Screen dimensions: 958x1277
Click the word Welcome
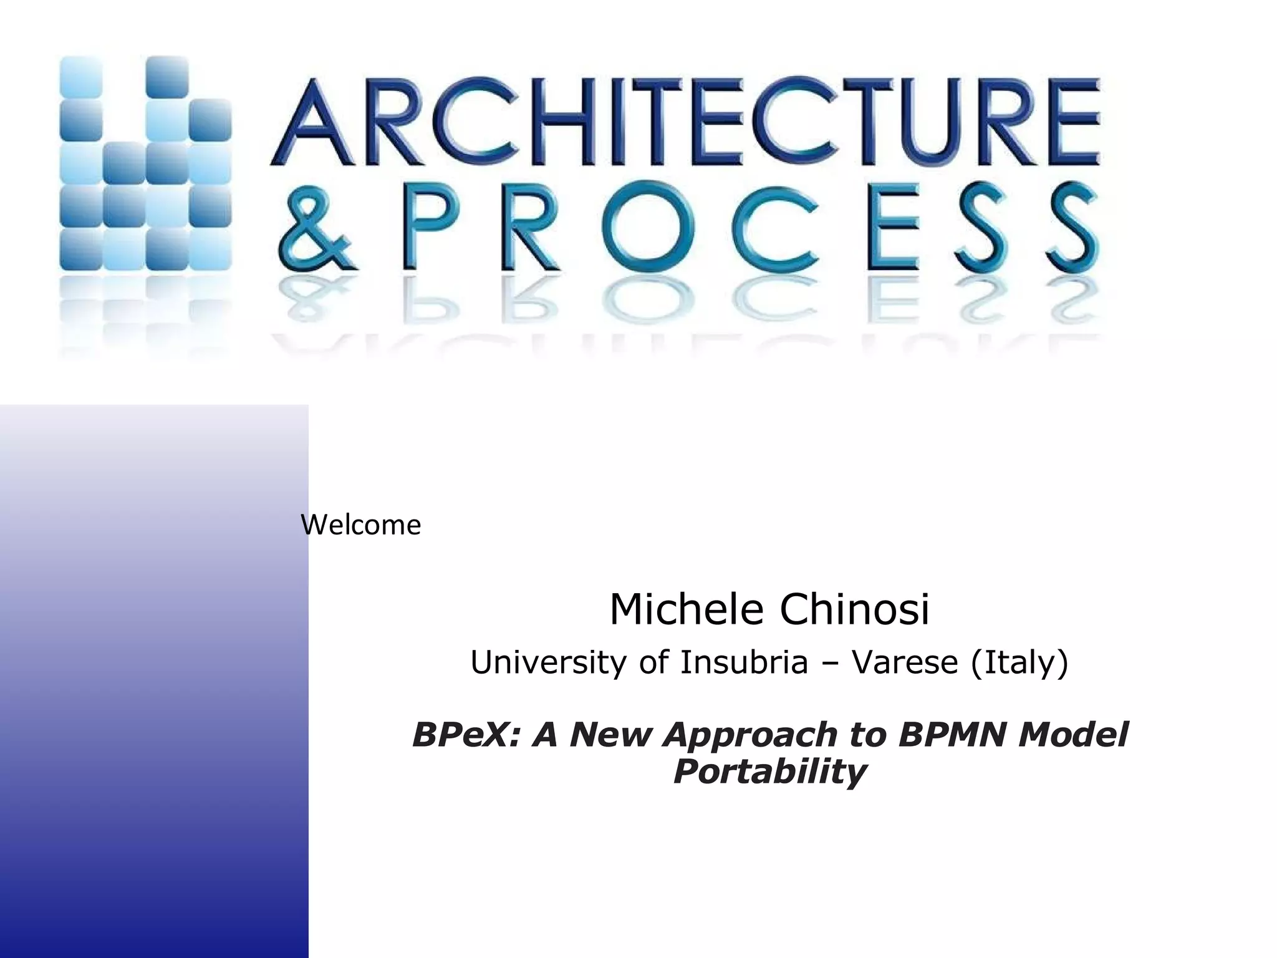coord(360,525)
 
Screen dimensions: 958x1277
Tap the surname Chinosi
coord(854,609)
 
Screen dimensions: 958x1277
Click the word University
coord(549,662)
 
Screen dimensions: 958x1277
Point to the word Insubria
coord(744,662)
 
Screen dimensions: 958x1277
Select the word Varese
coord(905,662)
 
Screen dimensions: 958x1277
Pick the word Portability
coord(769,772)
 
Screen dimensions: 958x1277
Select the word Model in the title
coord(1073,734)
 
